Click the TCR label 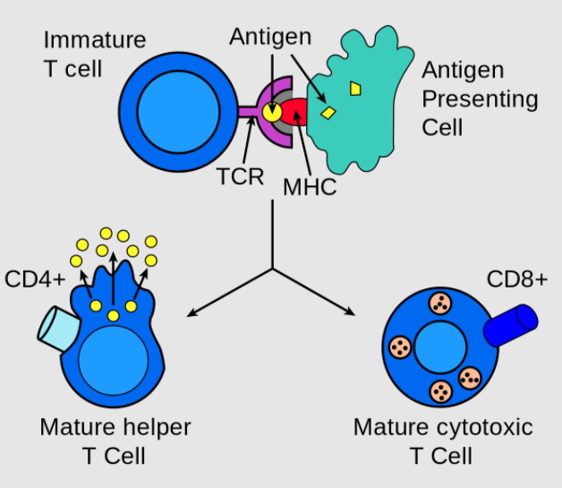point(241,176)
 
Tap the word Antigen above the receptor point(270,37)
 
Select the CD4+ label point(35,279)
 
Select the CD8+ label point(517,279)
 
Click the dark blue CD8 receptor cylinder point(509,324)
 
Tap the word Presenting point(480,98)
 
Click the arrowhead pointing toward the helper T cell point(191,312)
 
